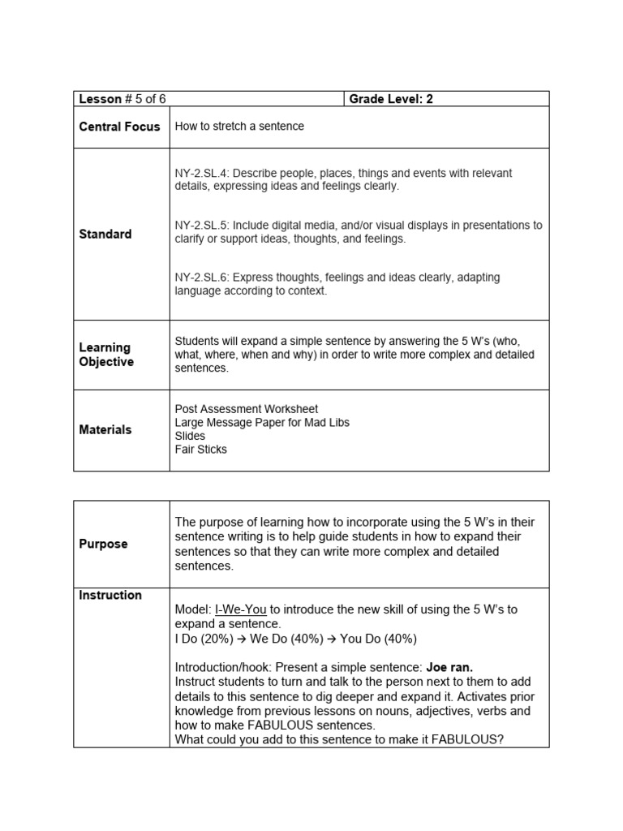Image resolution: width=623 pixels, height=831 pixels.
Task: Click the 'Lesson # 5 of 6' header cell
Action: pyautogui.click(x=122, y=99)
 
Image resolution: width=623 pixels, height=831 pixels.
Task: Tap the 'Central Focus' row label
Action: pyautogui.click(x=119, y=127)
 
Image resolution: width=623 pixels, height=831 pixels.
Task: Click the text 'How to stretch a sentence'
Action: pyautogui.click(x=239, y=127)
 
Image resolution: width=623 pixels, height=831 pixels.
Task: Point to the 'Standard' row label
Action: pyautogui.click(x=105, y=234)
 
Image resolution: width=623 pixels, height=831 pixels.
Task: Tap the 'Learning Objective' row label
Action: pyautogui.click(x=105, y=355)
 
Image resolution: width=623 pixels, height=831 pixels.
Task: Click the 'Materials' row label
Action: pyautogui.click(x=105, y=429)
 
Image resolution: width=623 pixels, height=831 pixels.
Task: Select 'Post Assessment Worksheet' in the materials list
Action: pyautogui.click(x=247, y=409)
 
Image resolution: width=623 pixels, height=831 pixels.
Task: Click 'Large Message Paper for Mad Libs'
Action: pyautogui.click(x=262, y=423)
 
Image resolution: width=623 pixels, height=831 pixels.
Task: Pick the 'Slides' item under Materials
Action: pyautogui.click(x=190, y=436)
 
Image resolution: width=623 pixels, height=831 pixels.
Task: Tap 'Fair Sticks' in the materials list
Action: pyautogui.click(x=200, y=449)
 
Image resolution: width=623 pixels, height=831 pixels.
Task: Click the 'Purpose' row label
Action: pyautogui.click(x=103, y=544)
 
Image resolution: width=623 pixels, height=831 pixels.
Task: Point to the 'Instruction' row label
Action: pyautogui.click(x=110, y=595)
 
